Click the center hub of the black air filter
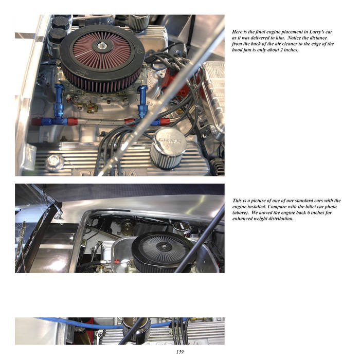point(164,247)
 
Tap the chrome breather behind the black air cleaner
point(182,229)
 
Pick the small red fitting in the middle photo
point(117,261)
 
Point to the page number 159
point(180,352)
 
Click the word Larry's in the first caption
point(317,32)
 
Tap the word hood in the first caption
point(238,50)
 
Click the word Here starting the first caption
point(237,32)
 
